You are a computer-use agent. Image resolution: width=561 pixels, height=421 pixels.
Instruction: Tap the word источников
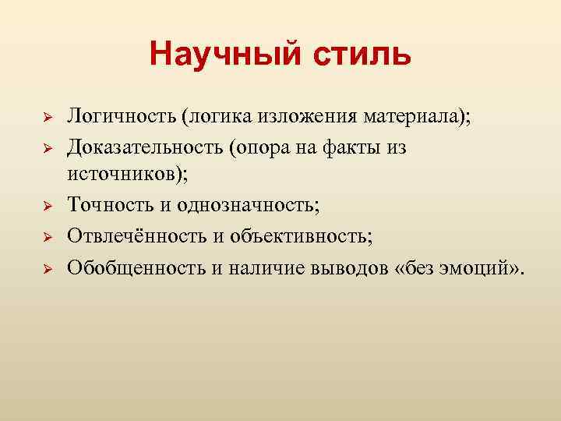tap(125, 175)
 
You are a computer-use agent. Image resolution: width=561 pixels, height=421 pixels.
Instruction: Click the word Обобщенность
tap(134, 267)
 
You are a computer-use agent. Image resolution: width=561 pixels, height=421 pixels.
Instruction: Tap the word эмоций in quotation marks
tap(482, 267)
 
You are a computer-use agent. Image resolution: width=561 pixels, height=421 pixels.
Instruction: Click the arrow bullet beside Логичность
tap(47, 118)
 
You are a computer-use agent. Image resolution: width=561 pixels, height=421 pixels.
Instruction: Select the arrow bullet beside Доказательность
tap(47, 147)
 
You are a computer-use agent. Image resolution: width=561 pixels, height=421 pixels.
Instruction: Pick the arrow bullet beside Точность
tap(47, 206)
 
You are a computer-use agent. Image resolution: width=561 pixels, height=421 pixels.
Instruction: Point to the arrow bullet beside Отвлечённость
tap(47, 235)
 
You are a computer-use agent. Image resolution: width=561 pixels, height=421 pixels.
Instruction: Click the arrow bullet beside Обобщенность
tap(47, 268)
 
